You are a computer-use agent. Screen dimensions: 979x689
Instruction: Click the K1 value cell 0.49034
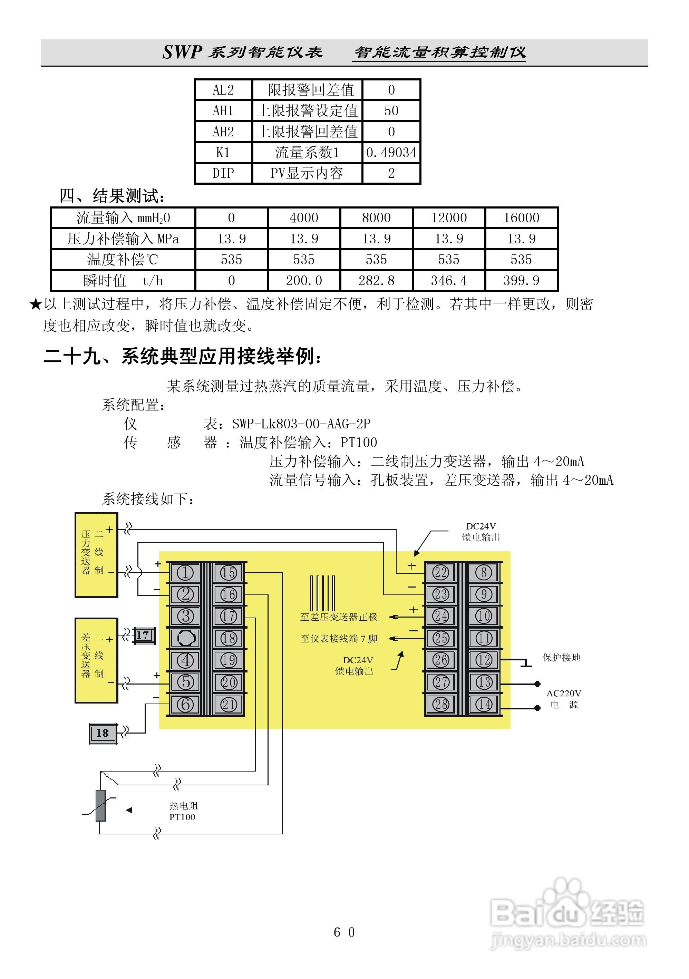coord(391,152)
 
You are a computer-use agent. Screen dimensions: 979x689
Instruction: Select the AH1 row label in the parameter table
coord(223,111)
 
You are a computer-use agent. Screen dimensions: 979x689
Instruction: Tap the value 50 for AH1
coord(391,111)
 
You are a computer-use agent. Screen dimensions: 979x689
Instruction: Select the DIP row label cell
coord(223,173)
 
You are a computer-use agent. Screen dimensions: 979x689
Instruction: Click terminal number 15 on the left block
coord(228,573)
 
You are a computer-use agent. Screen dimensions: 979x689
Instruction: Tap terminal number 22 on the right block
coord(440,572)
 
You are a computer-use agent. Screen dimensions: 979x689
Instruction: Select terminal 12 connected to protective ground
coord(484,660)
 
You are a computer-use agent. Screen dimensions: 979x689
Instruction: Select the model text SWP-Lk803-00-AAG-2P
coord(301,424)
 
